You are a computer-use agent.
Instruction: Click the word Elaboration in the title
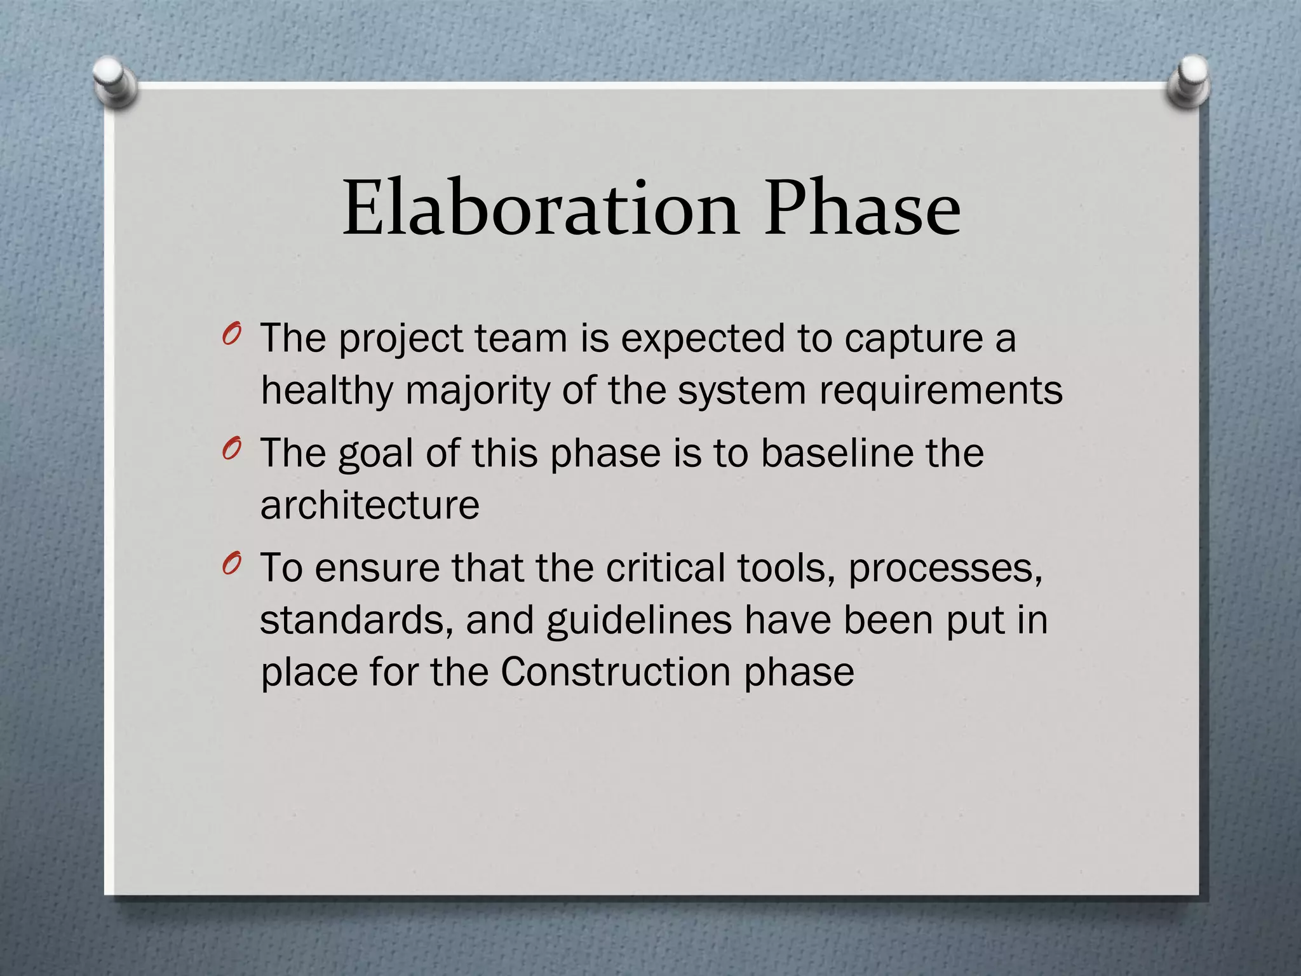[541, 208]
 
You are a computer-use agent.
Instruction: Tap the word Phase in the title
[862, 208]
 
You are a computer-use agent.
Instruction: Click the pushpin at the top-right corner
[1189, 81]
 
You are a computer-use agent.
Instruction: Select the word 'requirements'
[940, 391]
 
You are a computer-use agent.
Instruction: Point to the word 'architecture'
[370, 505]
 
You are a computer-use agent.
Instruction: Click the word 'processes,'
[945, 569]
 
